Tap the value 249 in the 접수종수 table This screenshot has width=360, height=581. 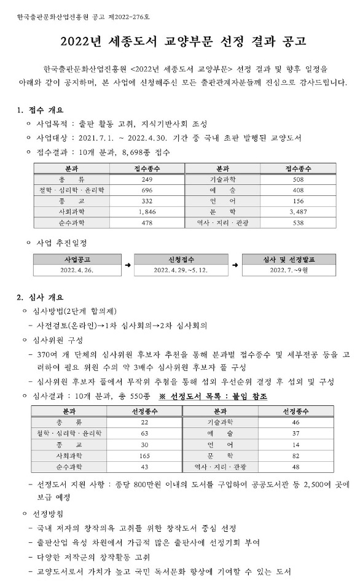click(x=146, y=179)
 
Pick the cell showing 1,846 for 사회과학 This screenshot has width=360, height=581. click(x=146, y=211)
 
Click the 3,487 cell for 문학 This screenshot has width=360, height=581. click(x=298, y=211)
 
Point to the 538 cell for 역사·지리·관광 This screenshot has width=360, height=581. click(x=298, y=222)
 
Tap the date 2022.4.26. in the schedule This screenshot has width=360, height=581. click(x=76, y=270)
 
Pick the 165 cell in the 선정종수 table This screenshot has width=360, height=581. click(x=144, y=456)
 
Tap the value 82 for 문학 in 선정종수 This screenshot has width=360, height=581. click(x=296, y=456)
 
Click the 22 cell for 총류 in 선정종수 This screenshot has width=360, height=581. click(x=144, y=423)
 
